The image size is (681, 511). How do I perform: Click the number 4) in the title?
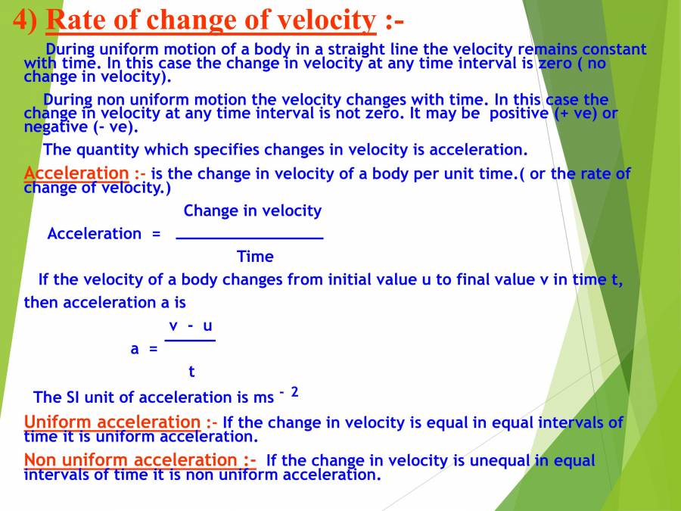(24, 20)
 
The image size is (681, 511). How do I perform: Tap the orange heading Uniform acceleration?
(112, 422)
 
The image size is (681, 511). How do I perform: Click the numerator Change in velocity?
(252, 210)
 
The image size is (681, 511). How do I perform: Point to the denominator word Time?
(255, 257)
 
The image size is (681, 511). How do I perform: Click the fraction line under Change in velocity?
(249, 238)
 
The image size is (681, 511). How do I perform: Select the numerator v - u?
(190, 326)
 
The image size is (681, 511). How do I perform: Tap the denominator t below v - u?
(191, 372)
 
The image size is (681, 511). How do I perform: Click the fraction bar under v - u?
(190, 340)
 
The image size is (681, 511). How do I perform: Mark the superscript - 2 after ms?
(289, 391)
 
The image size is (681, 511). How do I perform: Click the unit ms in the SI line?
(263, 397)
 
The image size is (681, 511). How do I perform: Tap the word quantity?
(110, 149)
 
